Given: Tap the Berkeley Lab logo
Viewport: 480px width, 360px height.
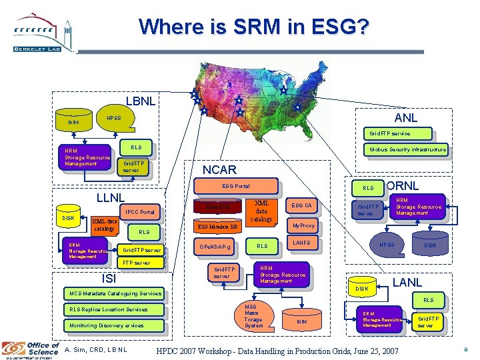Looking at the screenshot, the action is (x=41, y=33).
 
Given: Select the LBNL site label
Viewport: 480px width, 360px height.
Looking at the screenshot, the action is (x=141, y=101).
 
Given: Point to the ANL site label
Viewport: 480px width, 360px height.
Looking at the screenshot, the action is (x=405, y=118).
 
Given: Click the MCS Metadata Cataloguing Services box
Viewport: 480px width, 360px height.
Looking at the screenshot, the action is (x=112, y=293).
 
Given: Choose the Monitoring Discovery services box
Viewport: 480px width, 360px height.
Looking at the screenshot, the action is (x=107, y=325).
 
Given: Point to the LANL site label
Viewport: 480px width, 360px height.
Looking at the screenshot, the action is (x=407, y=282).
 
